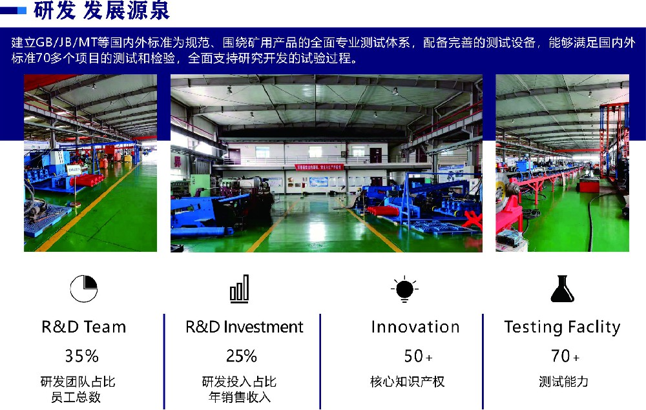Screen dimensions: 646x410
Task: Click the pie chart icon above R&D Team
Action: coord(83,289)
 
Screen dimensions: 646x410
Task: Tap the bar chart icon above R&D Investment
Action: coord(240,289)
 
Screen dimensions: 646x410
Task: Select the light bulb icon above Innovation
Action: coord(404,289)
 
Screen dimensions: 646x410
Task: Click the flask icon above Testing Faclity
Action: coord(563,289)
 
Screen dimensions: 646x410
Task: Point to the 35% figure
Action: coord(81,356)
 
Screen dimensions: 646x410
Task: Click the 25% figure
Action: coord(242,356)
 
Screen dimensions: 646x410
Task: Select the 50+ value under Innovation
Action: coord(418,356)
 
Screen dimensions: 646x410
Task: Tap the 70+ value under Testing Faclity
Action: coord(565,356)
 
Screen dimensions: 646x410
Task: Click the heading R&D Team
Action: coord(83,327)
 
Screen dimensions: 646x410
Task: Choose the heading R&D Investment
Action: coord(244,327)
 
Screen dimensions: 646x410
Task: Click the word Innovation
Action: coord(415,327)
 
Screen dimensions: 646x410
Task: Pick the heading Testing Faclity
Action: coord(563,327)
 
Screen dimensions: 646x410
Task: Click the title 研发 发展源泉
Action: coord(101,10)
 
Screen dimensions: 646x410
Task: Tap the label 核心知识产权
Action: coord(408,382)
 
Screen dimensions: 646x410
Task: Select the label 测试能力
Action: coord(563,382)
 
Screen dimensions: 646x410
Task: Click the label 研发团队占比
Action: coord(78,382)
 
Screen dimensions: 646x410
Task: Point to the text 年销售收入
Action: coord(240,397)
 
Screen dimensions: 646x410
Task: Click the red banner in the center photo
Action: coord(319,167)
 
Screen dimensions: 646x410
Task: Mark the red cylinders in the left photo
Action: coord(87,180)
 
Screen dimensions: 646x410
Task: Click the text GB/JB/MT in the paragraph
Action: coord(66,43)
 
